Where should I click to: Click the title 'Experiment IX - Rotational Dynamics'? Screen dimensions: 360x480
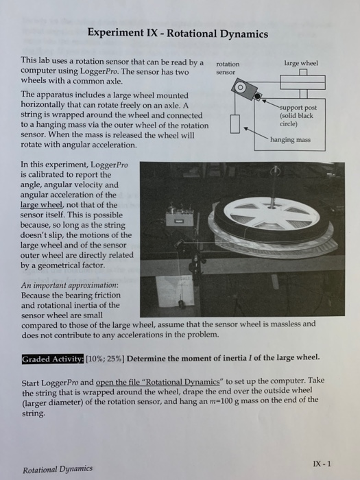click(x=178, y=33)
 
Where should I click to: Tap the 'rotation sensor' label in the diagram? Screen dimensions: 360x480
click(x=228, y=68)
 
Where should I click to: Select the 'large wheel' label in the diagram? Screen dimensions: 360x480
click(x=301, y=63)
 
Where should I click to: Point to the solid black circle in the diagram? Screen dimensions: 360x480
click(x=258, y=97)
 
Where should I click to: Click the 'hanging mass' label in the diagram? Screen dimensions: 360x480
click(x=290, y=140)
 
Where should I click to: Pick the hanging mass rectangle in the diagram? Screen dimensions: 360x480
click(x=235, y=123)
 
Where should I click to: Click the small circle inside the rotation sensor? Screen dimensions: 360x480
click(x=241, y=87)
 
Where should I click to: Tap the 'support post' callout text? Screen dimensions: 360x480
click(x=298, y=116)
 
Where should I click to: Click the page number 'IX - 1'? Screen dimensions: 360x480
click(x=322, y=464)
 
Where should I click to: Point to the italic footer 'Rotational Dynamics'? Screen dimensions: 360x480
click(x=57, y=469)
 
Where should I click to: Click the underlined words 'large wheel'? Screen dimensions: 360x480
click(x=42, y=205)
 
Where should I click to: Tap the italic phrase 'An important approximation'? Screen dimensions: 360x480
click(x=69, y=285)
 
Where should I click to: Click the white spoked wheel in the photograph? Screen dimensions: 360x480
click(x=272, y=213)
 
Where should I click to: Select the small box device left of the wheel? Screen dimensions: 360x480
click(x=180, y=217)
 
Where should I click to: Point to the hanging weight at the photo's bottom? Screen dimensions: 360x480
click(x=181, y=304)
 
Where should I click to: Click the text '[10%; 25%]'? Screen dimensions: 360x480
click(x=105, y=359)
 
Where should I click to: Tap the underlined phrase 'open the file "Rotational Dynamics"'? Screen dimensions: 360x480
click(x=158, y=382)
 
